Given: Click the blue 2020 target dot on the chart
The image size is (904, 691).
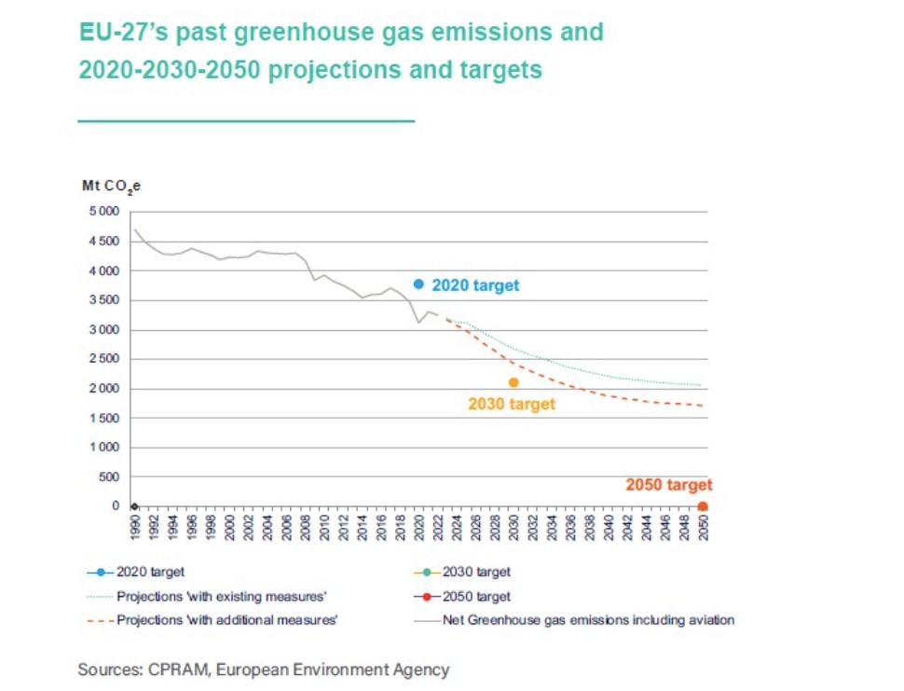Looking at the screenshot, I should coord(419,284).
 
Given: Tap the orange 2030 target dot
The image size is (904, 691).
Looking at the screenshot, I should coord(514,382).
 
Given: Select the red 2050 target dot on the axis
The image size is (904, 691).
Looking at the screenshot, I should coord(703,506).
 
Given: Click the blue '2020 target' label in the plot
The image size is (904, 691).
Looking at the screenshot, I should coord(475,285).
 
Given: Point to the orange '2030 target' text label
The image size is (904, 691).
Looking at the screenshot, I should coord(511,404).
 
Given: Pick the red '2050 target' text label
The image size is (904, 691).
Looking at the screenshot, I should coord(668,485).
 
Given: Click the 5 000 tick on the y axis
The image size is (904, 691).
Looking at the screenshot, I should coord(104,212).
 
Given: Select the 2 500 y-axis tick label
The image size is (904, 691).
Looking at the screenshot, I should coord(104,359).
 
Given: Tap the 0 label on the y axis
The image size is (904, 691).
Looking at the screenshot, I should coord(116,506).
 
